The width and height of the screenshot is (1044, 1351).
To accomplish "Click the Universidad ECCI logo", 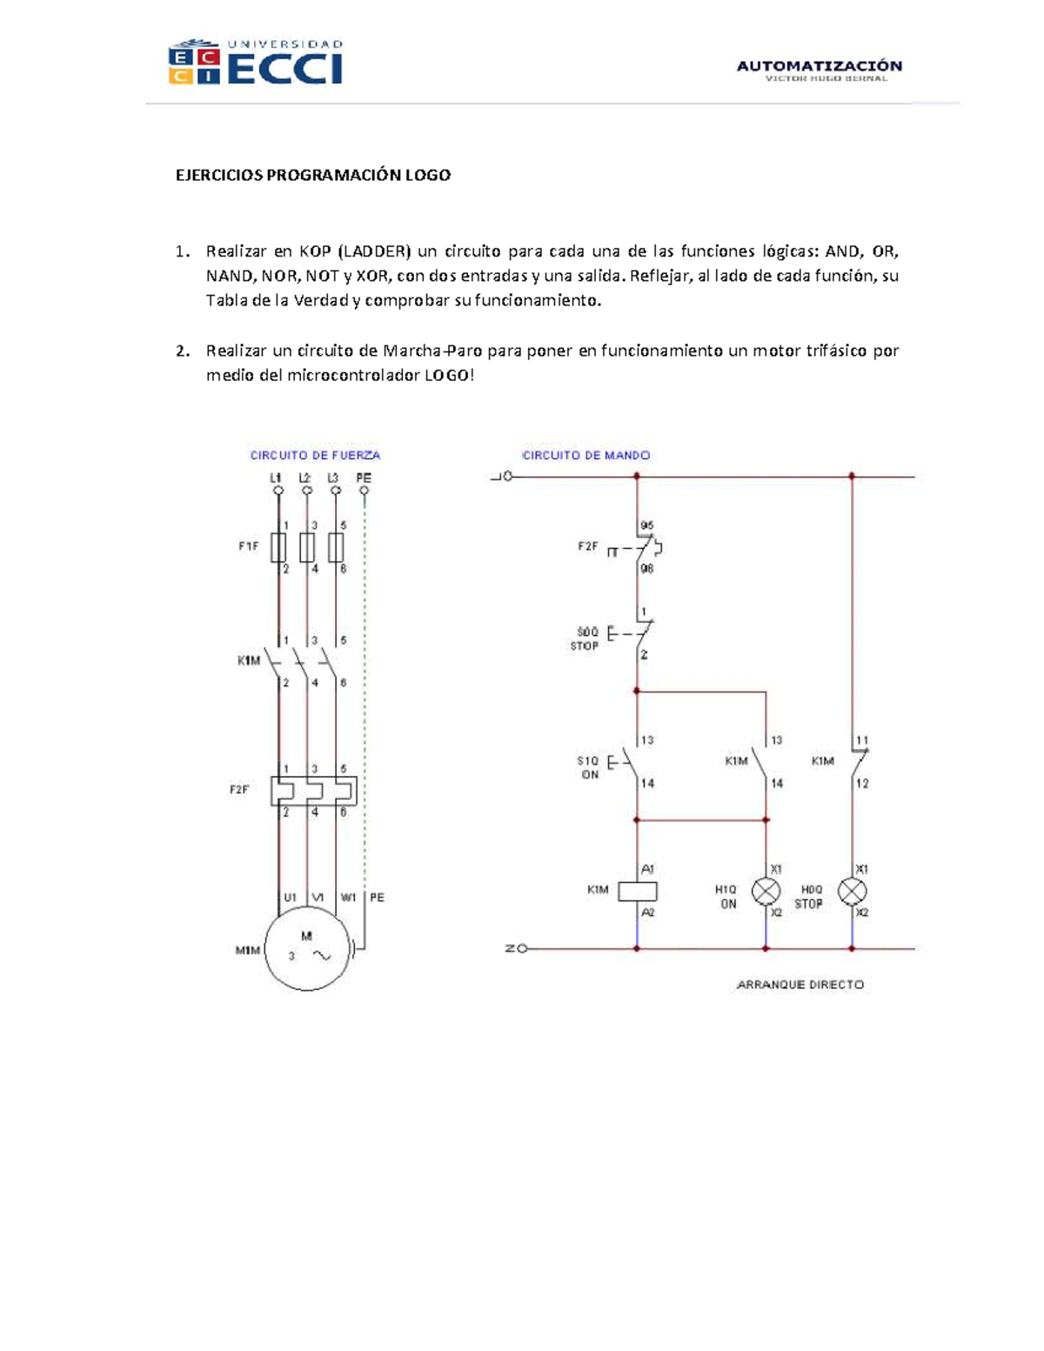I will [256, 63].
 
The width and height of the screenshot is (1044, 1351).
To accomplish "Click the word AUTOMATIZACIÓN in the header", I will [819, 65].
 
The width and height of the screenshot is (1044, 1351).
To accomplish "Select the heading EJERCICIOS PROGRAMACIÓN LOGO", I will [313, 175].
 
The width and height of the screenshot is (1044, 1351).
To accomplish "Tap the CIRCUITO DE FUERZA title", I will [315, 455].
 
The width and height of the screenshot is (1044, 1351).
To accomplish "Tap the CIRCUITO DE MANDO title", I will [586, 455].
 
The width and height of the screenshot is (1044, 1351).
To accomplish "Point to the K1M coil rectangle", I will [638, 891].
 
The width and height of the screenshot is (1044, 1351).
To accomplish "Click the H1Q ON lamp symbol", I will [766, 892].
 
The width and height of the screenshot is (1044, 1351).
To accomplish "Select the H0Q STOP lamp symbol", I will [852, 892].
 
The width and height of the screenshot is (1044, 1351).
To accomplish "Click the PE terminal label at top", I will [364, 478].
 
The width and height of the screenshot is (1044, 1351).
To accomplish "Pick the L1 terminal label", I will [276, 478].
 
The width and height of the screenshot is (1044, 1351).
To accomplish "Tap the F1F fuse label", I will [249, 546].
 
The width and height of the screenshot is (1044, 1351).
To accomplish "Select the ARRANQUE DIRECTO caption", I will [800, 985].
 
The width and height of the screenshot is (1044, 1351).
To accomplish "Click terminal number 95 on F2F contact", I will [646, 525].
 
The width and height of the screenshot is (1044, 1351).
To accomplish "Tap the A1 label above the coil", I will [647, 869].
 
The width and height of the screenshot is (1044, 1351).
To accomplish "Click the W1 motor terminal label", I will [348, 897].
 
